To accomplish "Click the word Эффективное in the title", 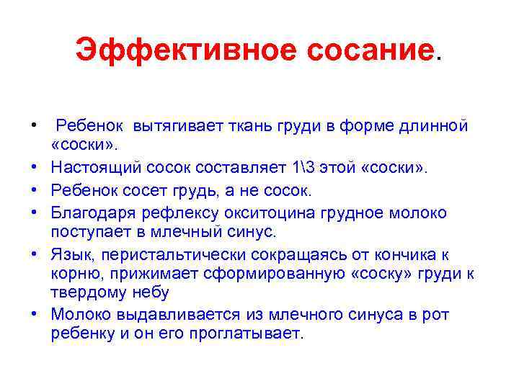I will [163, 50].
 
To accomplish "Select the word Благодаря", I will [93, 213].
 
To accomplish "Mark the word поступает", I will [88, 232].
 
